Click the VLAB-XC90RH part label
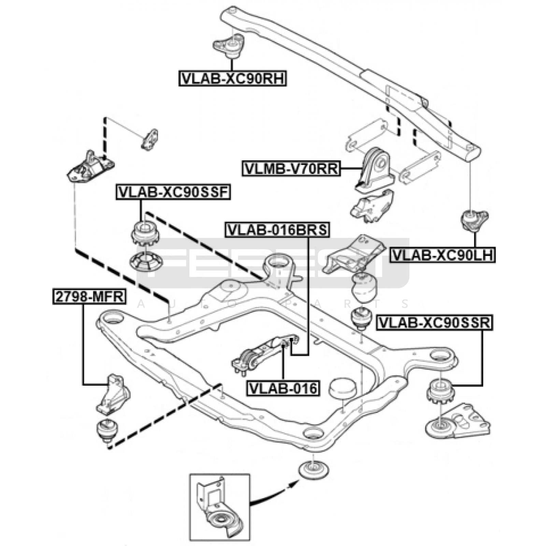coord(232,78)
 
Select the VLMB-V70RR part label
coord(291,169)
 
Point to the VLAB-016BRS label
coord(277,230)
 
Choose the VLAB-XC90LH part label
coord(443,255)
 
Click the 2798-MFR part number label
coord(89,296)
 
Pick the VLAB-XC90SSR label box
coord(434,322)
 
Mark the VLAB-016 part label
coord(283,388)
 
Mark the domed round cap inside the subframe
coord(342,388)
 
